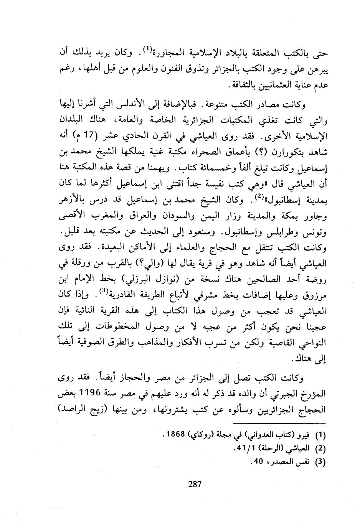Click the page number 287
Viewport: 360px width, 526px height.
(195, 484)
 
